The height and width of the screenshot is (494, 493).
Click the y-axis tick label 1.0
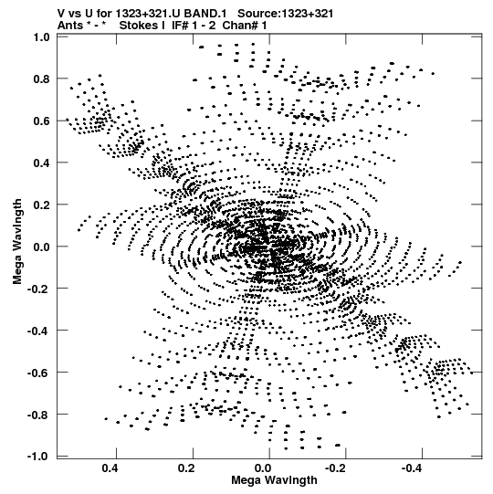pyautogui.click(x=41, y=37)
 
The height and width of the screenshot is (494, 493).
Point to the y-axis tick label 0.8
pyautogui.click(x=41, y=79)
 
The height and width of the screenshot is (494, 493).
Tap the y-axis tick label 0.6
pyautogui.click(x=41, y=121)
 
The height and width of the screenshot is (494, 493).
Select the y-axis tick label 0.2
pyautogui.click(x=41, y=205)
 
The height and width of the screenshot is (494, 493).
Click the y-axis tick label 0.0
pyautogui.click(x=41, y=247)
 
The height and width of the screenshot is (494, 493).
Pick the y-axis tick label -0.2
pyautogui.click(x=38, y=289)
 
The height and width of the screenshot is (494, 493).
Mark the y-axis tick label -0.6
pyautogui.click(x=38, y=373)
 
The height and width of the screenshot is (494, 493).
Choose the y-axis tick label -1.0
pyautogui.click(x=38, y=456)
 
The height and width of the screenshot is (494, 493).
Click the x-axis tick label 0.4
pyautogui.click(x=110, y=468)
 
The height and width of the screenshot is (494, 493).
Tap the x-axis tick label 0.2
pyautogui.click(x=186, y=468)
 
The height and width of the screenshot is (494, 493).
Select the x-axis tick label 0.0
pyautogui.click(x=263, y=468)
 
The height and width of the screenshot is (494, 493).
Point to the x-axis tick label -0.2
pyautogui.click(x=337, y=468)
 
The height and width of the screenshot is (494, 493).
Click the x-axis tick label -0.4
pyautogui.click(x=413, y=468)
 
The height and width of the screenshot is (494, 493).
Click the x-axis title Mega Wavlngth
pyautogui.click(x=274, y=480)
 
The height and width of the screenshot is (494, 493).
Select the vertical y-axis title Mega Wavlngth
pyautogui.click(x=17, y=242)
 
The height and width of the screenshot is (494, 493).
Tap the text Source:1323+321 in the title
pyautogui.click(x=286, y=14)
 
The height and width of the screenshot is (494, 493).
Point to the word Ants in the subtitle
pyautogui.click(x=70, y=26)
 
